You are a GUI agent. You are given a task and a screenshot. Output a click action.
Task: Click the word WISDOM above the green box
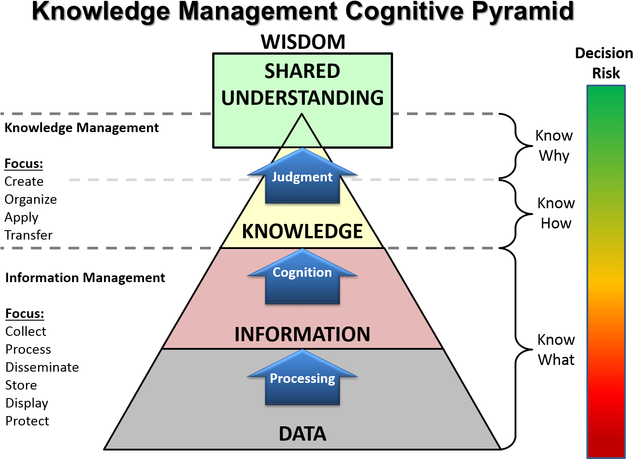303,42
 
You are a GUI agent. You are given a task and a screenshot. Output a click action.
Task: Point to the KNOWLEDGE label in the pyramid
302,231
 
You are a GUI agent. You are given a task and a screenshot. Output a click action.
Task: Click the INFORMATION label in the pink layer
302,334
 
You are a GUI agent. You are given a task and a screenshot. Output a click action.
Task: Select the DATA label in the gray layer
302,433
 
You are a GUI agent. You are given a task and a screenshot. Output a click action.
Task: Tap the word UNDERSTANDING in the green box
302,98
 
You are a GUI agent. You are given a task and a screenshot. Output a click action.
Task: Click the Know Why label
554,146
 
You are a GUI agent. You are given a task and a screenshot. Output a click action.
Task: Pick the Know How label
556,213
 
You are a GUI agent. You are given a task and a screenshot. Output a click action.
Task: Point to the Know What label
556,350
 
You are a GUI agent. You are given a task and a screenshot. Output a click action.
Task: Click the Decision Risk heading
604,63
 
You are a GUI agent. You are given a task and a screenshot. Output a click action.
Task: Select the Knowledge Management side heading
81,128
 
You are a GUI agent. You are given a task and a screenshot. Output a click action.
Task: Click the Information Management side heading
85,278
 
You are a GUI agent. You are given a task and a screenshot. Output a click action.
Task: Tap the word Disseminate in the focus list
42,368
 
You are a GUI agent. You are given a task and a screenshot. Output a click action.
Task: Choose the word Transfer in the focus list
29,235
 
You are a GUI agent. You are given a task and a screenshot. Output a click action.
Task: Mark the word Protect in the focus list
27,421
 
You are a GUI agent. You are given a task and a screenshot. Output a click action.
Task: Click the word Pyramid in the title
522,13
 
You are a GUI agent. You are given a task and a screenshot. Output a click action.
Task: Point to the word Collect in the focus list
26,331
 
